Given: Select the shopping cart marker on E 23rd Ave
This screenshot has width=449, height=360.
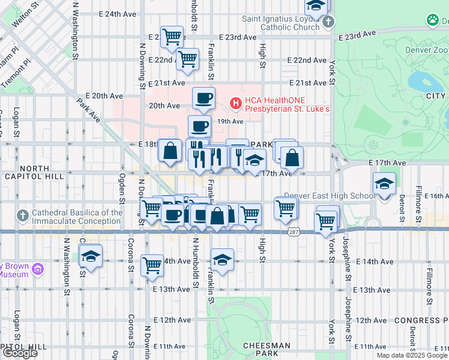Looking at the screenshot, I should click(x=172, y=37).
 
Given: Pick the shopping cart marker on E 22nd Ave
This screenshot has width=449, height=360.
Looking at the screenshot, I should click(x=188, y=59).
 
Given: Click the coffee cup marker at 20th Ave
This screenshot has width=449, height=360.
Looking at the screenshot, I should click(x=203, y=98).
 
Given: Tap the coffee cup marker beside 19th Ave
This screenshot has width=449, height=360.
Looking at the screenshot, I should click(x=199, y=127).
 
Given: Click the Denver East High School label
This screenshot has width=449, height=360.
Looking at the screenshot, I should click(x=329, y=196).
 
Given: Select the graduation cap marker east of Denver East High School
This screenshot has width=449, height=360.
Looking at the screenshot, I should click(x=384, y=184).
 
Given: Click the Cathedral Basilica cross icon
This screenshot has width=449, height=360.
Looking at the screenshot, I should click(x=23, y=215).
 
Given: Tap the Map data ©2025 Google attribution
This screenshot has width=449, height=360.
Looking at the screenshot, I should click(x=411, y=355).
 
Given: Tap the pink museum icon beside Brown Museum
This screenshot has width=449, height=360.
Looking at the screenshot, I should click(x=38, y=269).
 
